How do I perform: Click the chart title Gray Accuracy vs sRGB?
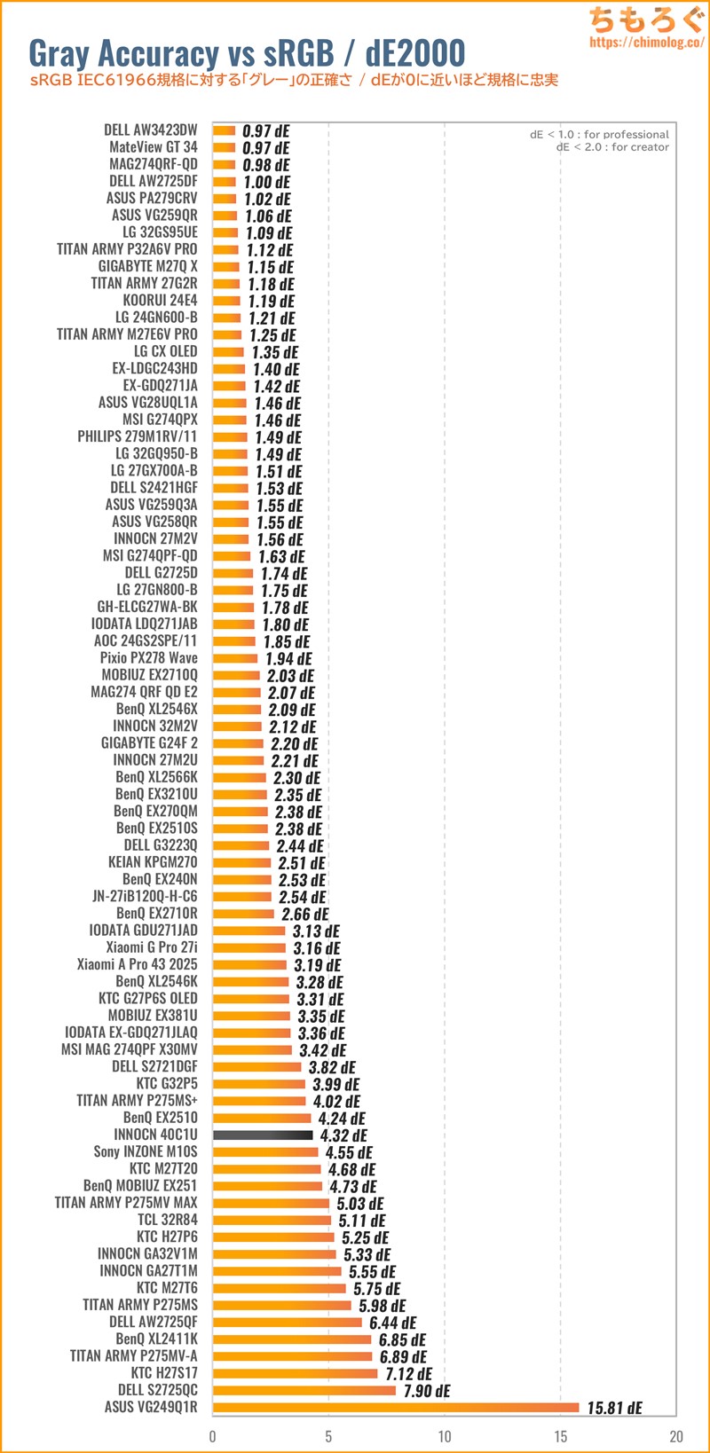(x=247, y=53)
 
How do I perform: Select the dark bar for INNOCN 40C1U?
(x=263, y=1135)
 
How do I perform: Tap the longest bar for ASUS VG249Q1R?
(x=396, y=1407)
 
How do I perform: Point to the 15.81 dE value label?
(x=614, y=1408)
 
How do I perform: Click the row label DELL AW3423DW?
(x=151, y=130)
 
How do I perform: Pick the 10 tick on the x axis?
(x=445, y=1436)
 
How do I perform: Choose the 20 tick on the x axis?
(x=676, y=1436)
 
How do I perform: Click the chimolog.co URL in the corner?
(x=646, y=42)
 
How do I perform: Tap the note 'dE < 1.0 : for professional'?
(x=599, y=135)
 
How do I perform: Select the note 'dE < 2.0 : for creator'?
(x=612, y=147)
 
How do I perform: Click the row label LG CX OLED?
(x=166, y=351)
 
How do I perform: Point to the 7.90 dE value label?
(x=427, y=1390)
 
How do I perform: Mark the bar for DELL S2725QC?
(x=304, y=1390)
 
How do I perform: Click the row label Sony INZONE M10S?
(x=146, y=1151)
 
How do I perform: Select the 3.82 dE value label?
(x=332, y=1067)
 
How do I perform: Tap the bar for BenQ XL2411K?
(x=292, y=1339)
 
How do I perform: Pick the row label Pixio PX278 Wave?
(x=149, y=658)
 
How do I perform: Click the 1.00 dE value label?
(x=267, y=182)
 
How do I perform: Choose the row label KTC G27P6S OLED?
(x=148, y=999)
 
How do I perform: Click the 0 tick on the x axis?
(x=213, y=1436)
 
